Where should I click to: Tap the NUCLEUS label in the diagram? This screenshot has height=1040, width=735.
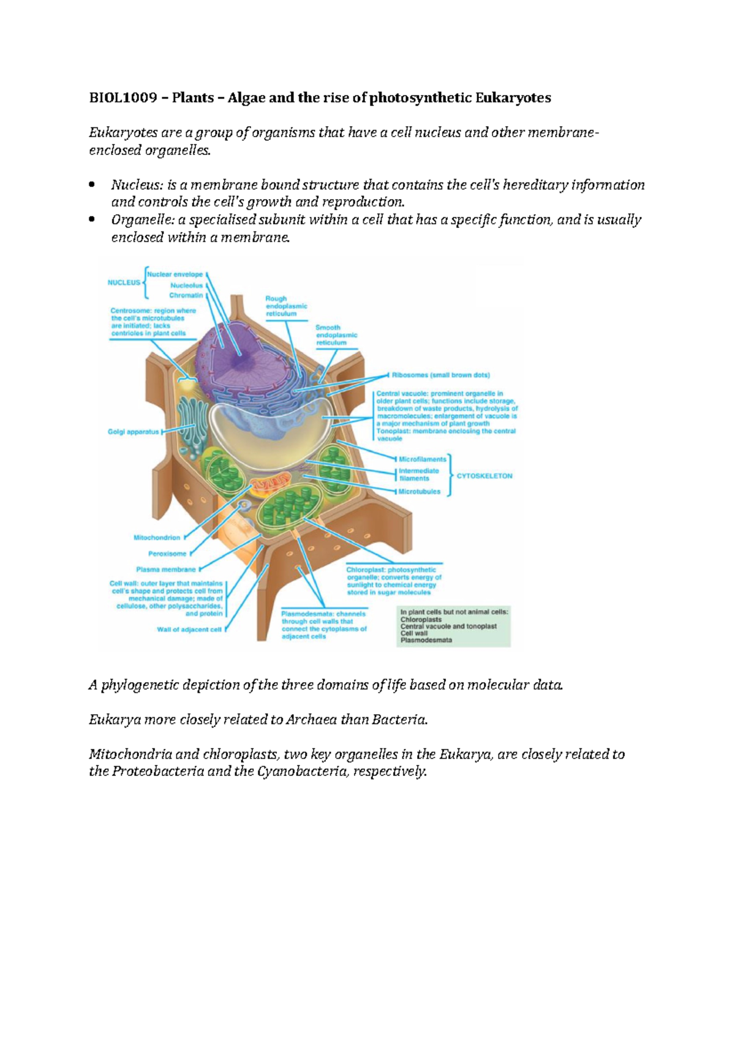[x=124, y=283]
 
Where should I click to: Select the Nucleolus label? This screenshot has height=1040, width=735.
[x=186, y=285]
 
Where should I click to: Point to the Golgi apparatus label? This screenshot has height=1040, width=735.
[x=133, y=432]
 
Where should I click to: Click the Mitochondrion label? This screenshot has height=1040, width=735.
[x=157, y=538]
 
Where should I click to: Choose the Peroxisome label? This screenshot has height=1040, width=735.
[x=167, y=554]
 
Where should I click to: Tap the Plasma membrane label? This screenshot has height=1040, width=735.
[x=165, y=570]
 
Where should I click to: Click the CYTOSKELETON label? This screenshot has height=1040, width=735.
[x=484, y=476]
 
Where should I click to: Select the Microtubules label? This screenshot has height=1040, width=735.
[x=419, y=492]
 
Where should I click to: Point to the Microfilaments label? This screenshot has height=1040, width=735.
[x=422, y=459]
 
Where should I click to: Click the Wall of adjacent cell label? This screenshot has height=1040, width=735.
[x=189, y=630]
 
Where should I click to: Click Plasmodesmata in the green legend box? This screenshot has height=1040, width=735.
[x=426, y=641]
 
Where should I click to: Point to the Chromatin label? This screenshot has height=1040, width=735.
[x=186, y=295]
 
